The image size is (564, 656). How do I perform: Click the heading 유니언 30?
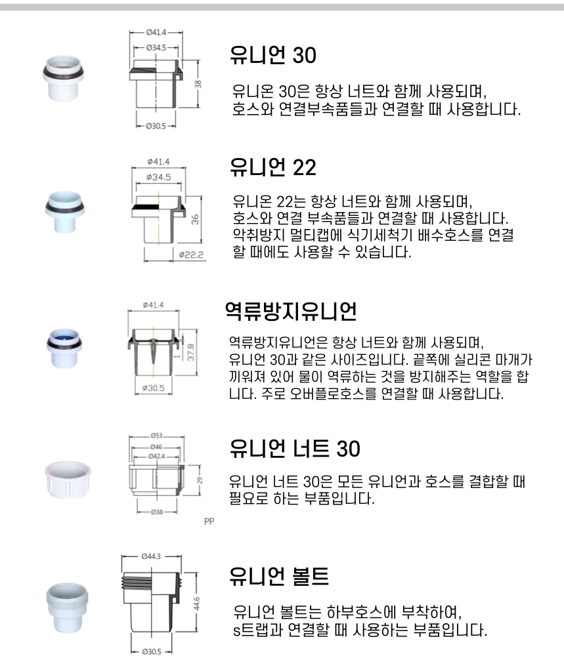[x=272, y=56]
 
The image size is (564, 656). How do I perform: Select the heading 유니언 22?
[x=272, y=168]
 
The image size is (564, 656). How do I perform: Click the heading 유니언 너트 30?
[x=295, y=449]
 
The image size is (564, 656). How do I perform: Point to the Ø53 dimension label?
[x=156, y=436]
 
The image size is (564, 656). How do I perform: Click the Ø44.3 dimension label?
[x=150, y=556]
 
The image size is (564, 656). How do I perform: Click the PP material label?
[x=210, y=523]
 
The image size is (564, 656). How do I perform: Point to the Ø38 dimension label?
[x=156, y=512]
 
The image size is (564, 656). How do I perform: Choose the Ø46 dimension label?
[x=156, y=446]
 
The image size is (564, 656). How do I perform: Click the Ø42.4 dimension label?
[x=156, y=455]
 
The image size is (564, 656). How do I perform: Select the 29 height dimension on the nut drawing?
[x=200, y=480]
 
